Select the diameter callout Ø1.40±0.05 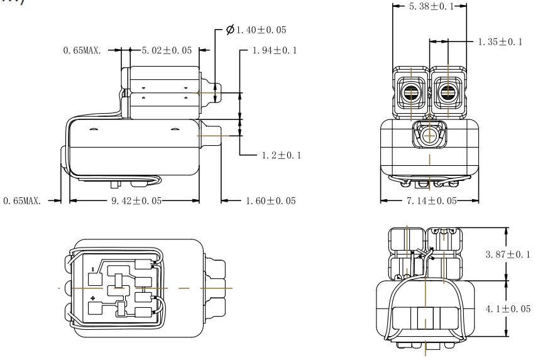click(x=260, y=30)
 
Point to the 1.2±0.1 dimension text click(x=280, y=155)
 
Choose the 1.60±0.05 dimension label click(x=272, y=201)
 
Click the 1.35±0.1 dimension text click(x=497, y=42)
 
